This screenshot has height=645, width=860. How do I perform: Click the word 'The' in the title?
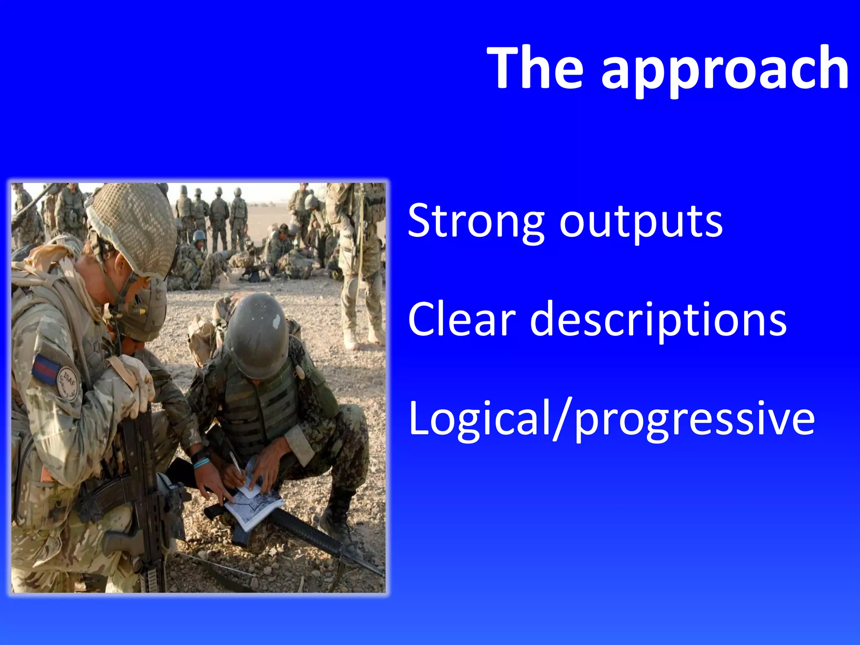tap(535, 68)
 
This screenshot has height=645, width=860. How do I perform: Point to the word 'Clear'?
tap(461, 319)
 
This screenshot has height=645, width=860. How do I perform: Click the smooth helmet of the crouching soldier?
tap(257, 334)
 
